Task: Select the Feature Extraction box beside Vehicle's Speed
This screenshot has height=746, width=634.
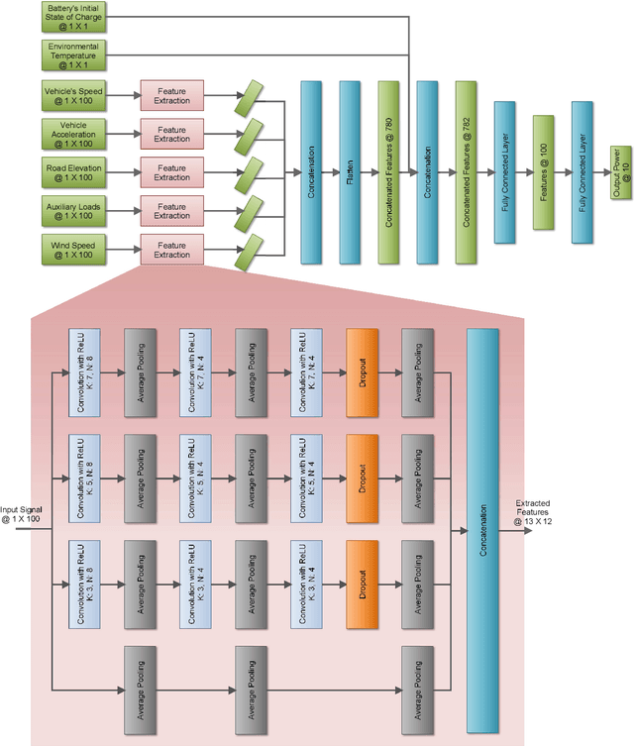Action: (x=171, y=96)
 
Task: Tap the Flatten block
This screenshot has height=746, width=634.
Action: (x=350, y=172)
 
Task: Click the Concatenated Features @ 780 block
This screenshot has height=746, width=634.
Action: (x=388, y=172)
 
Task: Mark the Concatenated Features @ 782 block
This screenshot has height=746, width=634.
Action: (x=466, y=172)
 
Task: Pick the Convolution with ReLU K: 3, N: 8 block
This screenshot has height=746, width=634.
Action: (x=81, y=585)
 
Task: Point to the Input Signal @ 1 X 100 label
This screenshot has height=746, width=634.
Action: (x=21, y=513)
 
